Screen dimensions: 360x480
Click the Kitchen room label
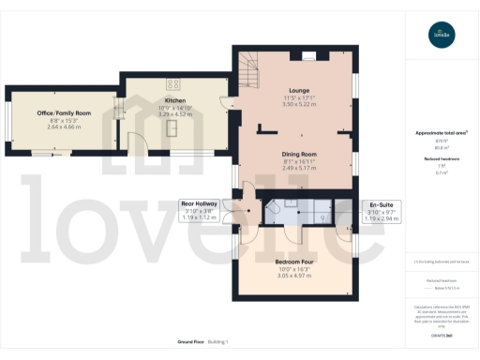pos(175,100)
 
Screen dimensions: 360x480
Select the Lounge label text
pos(299,90)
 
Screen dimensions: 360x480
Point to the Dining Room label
pos(300,154)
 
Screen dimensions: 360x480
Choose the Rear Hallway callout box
pos(199,210)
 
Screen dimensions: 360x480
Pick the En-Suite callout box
pos(381,210)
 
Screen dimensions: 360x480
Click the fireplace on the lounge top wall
pos(308,53)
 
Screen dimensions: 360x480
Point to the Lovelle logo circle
pos(441,37)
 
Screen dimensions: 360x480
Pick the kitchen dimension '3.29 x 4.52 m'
pos(175,114)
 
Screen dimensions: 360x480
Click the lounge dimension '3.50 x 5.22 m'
pos(299,104)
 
